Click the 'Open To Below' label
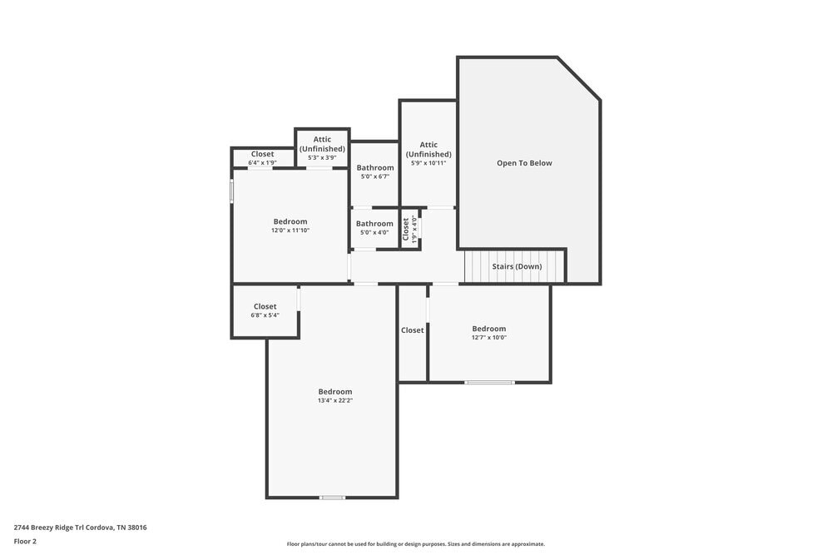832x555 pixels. pos(524,163)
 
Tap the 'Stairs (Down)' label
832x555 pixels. pos(517,266)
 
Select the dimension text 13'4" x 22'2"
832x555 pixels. pos(335,400)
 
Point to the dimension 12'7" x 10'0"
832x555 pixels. pos(488,337)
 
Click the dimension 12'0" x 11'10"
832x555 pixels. pos(290,230)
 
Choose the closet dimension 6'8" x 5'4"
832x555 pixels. pos(265,315)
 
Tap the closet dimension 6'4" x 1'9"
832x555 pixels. pos(262,162)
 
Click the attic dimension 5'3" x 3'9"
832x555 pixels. pos(322,157)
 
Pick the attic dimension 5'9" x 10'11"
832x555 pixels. pos(428,163)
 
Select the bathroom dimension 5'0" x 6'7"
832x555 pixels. pos(375,176)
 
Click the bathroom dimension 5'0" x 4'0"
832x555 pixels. pos(374,232)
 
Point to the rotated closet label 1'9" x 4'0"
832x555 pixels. pos(414,229)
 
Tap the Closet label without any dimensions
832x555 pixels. pos(412,330)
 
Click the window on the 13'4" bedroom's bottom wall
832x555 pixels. pos(332,498)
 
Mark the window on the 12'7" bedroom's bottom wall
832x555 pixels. pos(489,382)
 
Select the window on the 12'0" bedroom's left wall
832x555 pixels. pos(232,191)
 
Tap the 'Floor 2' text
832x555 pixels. pos(25,541)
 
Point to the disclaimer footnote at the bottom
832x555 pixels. pos(416,544)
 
